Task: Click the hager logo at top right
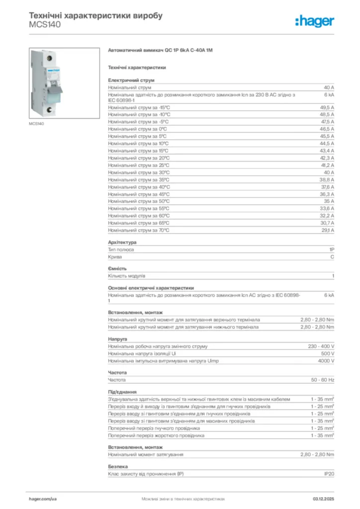pos(314,21)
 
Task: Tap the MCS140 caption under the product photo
pos(36,123)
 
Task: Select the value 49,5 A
pos(327,107)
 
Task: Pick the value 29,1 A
pos(327,230)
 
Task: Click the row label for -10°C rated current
pos(139,114)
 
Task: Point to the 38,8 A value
pos(327,179)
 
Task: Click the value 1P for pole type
pos(331,250)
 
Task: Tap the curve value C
pos(332,257)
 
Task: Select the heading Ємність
pos(117,268)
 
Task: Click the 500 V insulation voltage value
pos(327,353)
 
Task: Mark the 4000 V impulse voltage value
pos(326,361)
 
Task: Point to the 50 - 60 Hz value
pos(323,380)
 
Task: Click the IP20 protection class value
pos(329,474)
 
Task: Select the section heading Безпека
pos(118,466)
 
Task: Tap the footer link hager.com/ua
pos(43,498)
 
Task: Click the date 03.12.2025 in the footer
pos(323,498)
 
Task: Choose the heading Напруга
pos(117,339)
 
